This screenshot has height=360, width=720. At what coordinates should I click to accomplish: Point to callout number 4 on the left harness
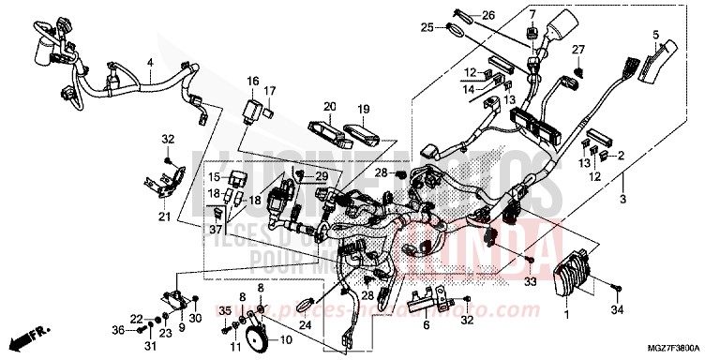coord(149,65)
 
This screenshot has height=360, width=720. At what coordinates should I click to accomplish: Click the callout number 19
coord(364,108)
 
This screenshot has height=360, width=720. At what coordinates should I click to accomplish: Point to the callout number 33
coord(531,280)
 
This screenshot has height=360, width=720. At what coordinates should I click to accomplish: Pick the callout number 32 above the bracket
coord(168,139)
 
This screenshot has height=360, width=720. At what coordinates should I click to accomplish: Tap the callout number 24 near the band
coord(305,326)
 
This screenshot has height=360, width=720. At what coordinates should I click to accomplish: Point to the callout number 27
coord(578,49)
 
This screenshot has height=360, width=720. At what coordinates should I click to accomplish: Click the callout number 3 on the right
coord(622,200)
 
